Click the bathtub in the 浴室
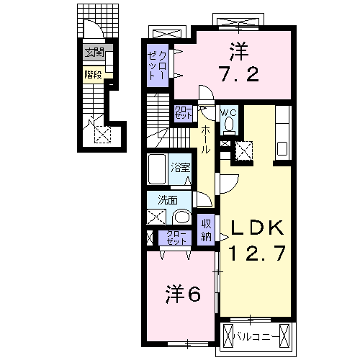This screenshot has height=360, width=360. pyautogui.click(x=158, y=170)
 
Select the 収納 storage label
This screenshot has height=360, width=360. pyautogui.click(x=206, y=230)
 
